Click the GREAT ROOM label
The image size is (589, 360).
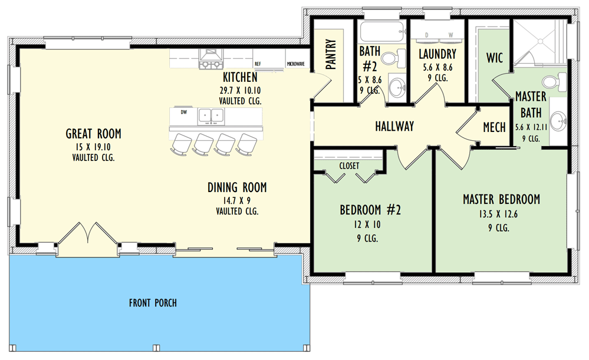(x=93, y=134)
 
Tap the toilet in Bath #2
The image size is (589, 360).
(x=392, y=58)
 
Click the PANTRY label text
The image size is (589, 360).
(x=331, y=55)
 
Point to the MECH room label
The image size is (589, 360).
(x=494, y=127)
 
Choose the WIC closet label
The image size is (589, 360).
(x=494, y=58)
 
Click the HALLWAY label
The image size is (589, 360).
(x=394, y=126)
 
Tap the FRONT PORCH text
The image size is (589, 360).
(x=153, y=303)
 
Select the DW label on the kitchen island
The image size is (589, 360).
(x=184, y=111)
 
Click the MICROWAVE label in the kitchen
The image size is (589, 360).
(x=295, y=64)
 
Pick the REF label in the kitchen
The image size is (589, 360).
(x=258, y=64)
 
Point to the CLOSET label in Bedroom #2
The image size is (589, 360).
(x=349, y=166)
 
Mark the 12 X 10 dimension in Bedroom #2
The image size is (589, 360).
(x=367, y=224)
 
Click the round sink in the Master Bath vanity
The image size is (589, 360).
(x=558, y=120)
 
